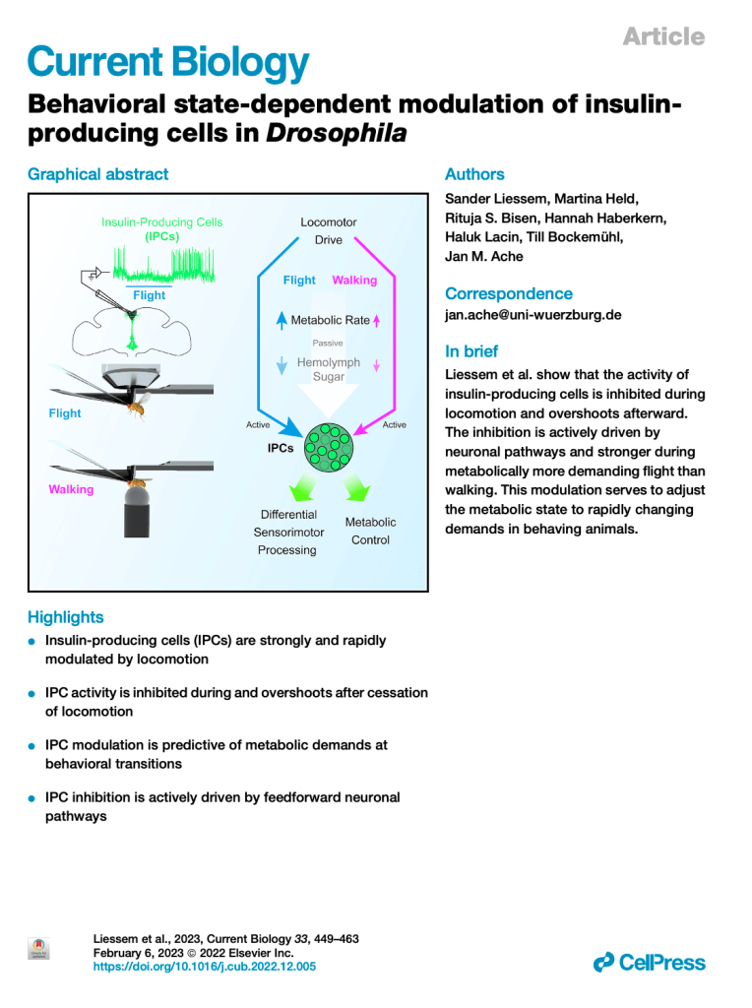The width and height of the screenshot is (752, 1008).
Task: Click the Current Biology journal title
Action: [x=168, y=64]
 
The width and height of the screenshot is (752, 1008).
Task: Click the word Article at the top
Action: [x=663, y=36]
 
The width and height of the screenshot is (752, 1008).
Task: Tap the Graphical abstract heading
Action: [x=97, y=174]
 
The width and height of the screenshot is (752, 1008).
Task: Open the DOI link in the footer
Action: [x=204, y=968]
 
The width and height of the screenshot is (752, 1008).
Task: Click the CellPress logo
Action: [x=650, y=963]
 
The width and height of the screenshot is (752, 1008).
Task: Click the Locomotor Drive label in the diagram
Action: [x=329, y=231]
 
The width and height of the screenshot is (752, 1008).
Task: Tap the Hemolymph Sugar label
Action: [x=329, y=369]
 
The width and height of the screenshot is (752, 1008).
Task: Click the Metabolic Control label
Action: [x=370, y=531]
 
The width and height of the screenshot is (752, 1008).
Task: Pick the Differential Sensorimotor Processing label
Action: [x=287, y=532]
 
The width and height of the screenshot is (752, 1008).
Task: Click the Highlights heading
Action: [x=65, y=617]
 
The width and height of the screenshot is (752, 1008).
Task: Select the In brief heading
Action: [x=471, y=351]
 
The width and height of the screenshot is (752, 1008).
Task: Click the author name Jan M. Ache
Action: [x=484, y=257]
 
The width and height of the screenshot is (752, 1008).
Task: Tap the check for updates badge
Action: [x=38, y=948]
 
